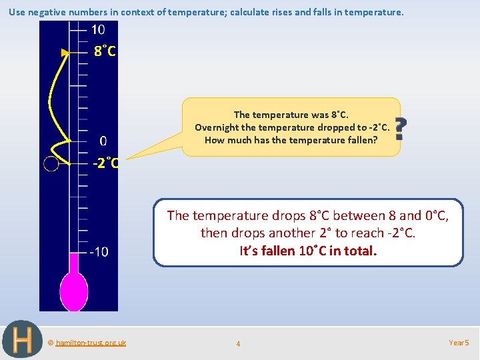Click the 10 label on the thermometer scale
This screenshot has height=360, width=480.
click(98, 29)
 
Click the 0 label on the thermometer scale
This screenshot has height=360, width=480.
click(103, 141)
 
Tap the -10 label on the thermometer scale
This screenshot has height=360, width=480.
click(99, 251)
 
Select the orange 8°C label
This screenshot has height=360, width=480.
click(105, 51)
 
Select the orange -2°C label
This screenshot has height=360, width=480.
click(105, 163)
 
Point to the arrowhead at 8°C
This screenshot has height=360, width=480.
click(65, 52)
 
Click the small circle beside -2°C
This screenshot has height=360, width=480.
click(51, 163)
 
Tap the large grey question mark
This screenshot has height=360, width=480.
click(399, 129)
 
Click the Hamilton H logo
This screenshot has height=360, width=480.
click(22, 340)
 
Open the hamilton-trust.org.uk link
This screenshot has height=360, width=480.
click(91, 343)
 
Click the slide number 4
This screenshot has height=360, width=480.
click(238, 344)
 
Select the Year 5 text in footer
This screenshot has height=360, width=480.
click(459, 343)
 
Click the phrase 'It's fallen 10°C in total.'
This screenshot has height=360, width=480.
click(308, 251)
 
